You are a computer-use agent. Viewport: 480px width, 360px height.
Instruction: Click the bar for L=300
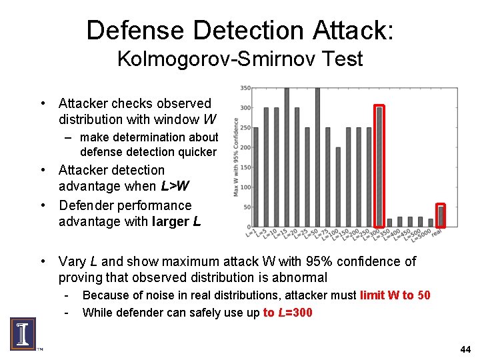(x=379, y=167)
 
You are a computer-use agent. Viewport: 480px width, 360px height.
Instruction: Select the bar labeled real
(x=441, y=216)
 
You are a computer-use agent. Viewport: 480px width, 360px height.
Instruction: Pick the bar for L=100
(x=338, y=187)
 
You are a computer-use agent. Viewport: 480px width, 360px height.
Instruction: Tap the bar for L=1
(x=255, y=177)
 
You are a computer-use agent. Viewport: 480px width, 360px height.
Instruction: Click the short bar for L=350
(x=390, y=223)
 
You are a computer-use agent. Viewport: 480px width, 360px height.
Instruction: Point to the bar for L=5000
(x=431, y=223)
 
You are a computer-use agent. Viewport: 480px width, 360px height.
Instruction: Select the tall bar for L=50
(x=317, y=157)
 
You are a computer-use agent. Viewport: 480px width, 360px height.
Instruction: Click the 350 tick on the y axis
(x=245, y=88)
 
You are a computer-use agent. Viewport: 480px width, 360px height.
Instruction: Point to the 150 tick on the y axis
(x=245, y=167)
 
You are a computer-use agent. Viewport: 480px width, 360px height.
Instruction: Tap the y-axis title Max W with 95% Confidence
(x=236, y=157)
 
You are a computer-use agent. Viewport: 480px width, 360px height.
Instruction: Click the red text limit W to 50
(x=395, y=295)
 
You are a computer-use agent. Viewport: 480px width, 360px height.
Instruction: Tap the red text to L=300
(x=288, y=313)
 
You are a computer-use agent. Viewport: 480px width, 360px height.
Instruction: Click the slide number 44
(x=465, y=349)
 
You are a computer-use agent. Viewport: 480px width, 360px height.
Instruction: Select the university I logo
(x=23, y=333)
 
